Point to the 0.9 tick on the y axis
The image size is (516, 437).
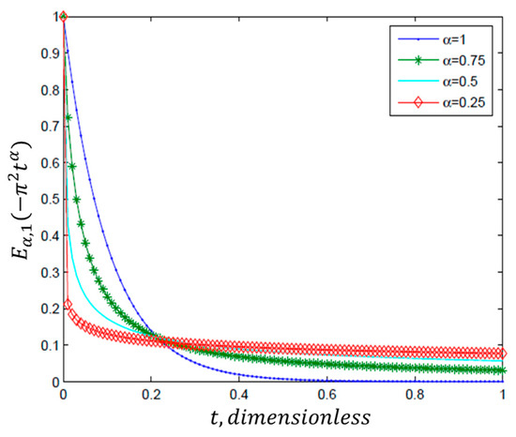click(46, 53)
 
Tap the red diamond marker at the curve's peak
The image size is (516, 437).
click(63, 17)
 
